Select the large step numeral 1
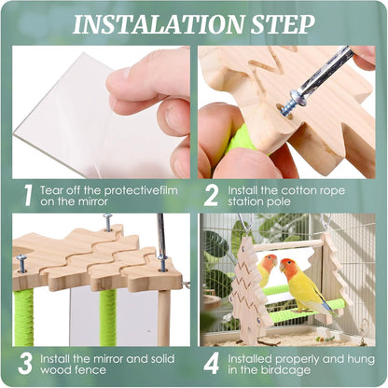(28, 194)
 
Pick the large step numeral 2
(212, 194)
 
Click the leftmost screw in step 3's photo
(21, 263)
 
